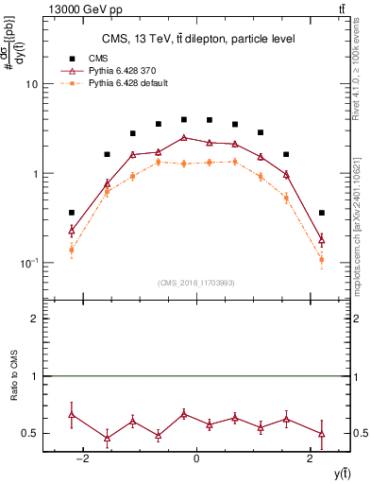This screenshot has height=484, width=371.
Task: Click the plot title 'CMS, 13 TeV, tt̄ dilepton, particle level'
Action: (x=195, y=39)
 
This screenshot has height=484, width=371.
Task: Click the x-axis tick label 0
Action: (x=196, y=459)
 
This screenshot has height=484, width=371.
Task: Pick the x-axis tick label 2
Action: (x=311, y=459)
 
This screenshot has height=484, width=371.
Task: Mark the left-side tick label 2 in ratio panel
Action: (x=35, y=319)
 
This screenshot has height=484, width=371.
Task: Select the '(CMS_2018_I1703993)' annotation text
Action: (x=195, y=283)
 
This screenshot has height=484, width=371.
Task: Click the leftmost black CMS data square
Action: (x=72, y=213)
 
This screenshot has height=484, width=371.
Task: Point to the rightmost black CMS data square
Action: (x=322, y=213)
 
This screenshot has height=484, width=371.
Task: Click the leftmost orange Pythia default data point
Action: (x=72, y=250)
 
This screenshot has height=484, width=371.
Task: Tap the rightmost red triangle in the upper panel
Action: (x=322, y=240)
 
